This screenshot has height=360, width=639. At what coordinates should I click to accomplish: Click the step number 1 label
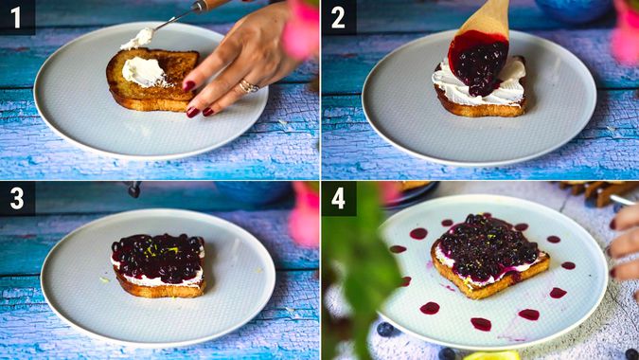tap(15, 17)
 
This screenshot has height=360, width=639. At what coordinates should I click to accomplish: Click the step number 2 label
tap(338, 18)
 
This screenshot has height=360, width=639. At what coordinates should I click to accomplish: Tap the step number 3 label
tap(17, 199)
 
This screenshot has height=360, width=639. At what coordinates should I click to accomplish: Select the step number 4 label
tap(338, 199)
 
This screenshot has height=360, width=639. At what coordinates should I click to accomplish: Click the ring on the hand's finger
tap(249, 86)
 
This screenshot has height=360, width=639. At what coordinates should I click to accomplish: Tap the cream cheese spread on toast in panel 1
tap(144, 72)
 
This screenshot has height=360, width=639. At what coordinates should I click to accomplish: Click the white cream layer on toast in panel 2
tap(480, 84)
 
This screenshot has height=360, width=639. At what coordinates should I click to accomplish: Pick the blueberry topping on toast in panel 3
tap(158, 257)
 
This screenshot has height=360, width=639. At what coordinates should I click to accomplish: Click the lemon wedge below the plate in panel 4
tap(491, 355)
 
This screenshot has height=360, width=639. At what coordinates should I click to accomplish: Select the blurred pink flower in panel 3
tap(305, 213)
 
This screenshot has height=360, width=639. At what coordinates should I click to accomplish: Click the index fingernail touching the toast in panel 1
tap(188, 86)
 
